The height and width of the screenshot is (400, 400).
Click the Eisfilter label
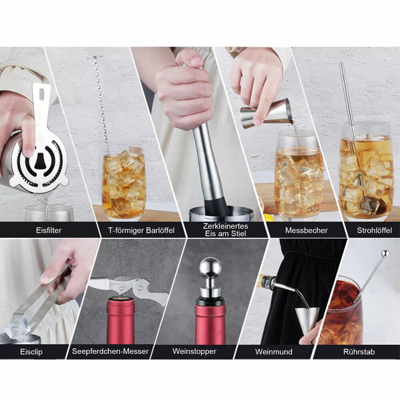[49, 230]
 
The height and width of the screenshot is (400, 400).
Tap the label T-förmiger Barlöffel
[141, 230]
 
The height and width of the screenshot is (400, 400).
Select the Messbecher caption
[306, 230]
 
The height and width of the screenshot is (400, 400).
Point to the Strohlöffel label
[374, 230]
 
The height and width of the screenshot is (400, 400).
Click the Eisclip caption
[31, 352]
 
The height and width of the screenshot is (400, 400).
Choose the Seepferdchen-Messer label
[110, 351]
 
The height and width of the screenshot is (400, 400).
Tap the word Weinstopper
[194, 351]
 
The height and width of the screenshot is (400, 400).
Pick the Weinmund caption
[274, 352]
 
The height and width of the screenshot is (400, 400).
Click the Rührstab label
[359, 352]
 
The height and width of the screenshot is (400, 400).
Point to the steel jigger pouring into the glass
[266, 113]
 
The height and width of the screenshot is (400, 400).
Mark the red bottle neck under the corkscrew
[120, 321]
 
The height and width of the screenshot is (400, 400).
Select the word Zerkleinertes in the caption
[226, 226]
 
